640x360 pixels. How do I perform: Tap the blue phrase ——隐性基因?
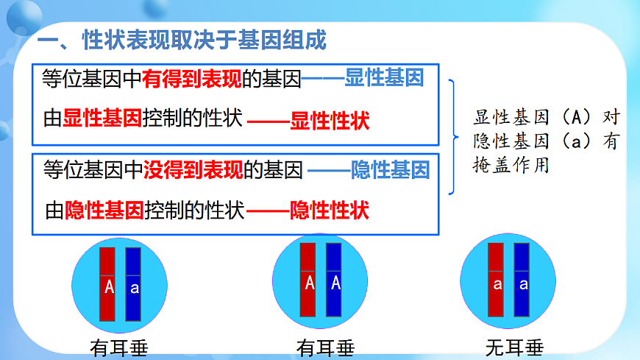pos(369,171)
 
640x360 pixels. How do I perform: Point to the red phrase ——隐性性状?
pos(308,211)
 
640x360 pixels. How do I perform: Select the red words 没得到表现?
pos(193,171)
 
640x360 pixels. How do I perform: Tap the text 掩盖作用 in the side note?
pos(511,166)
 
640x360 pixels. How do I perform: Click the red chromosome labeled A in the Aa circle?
pos(108,283)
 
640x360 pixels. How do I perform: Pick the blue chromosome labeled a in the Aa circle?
pos(133,283)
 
